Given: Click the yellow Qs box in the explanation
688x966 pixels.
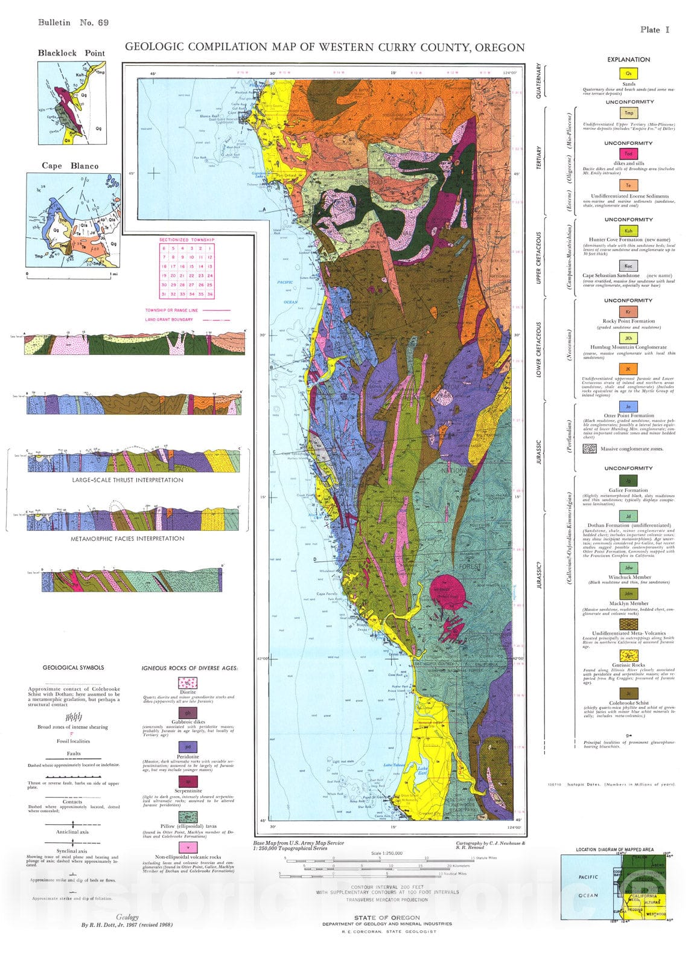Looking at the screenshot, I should pos(628,72).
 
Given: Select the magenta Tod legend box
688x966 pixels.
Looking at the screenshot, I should pos(628,155).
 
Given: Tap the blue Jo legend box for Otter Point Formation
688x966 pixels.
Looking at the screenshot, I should pos(628,407).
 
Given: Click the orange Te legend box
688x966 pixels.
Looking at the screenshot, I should pos(628,185).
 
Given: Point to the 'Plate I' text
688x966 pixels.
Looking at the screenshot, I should pos(655,30).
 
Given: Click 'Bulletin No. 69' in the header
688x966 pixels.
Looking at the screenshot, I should pos(73,23).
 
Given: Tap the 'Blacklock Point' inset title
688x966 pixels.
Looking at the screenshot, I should pos(71,53).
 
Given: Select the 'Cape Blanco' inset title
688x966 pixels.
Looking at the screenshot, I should pos(70,166).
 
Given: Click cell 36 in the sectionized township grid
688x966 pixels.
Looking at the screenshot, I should pos(210,294).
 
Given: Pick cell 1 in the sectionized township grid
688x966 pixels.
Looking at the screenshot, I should pos(210,248).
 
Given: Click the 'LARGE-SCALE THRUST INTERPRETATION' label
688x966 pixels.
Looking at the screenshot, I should pos(127,481).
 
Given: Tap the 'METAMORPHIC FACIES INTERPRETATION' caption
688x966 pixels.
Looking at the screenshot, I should pos(127,539).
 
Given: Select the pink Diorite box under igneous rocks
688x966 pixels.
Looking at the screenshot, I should pos(188,683).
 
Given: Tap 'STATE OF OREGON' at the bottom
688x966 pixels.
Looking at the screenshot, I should pos(387,918).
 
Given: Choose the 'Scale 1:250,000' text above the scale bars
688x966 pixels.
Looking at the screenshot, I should pos(387,854).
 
